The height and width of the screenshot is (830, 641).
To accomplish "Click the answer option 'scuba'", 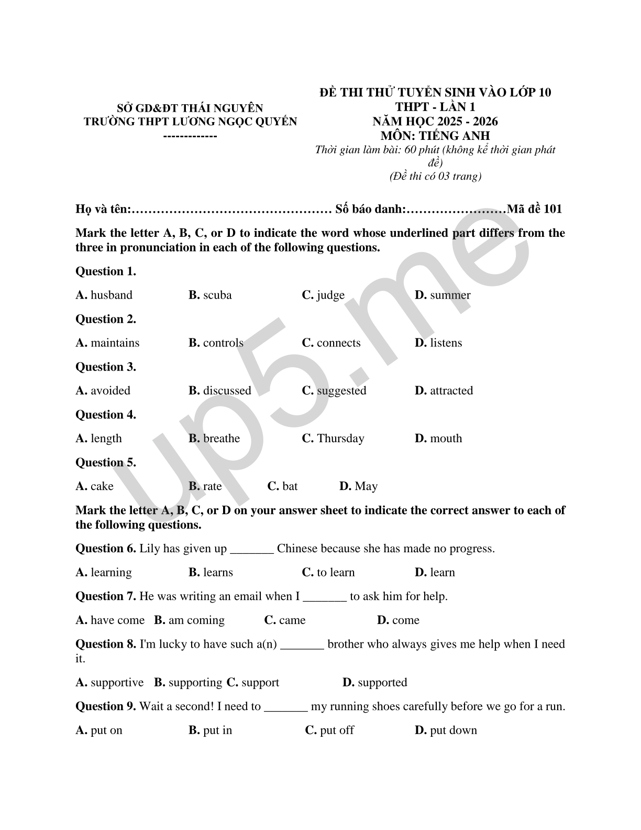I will (x=217, y=295).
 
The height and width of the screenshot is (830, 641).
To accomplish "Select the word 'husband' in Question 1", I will (x=112, y=295).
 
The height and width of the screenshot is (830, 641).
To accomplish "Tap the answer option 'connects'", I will (x=338, y=343).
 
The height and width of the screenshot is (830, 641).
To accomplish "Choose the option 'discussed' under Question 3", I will (x=227, y=390).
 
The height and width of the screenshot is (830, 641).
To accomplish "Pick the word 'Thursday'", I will (x=340, y=438).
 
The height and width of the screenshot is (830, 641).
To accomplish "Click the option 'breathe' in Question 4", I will (x=222, y=438).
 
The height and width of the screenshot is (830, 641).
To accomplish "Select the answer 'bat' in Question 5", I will (x=290, y=486).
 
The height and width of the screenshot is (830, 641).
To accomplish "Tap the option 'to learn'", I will (x=336, y=572).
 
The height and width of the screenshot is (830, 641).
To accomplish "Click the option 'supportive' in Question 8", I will (x=117, y=682).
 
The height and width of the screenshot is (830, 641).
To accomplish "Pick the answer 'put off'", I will (x=337, y=730).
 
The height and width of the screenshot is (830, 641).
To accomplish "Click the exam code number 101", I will (x=552, y=209).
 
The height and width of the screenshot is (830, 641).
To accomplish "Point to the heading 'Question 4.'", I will (x=106, y=414).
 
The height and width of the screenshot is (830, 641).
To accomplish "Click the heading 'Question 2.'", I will (x=106, y=319).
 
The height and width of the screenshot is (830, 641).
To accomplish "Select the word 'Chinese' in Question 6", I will (x=297, y=549).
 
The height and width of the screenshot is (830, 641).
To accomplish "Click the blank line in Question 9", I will (x=286, y=707).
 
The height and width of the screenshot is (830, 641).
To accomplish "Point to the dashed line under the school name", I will (x=191, y=136).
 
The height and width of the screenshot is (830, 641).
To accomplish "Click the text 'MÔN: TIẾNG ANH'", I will (x=435, y=136).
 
